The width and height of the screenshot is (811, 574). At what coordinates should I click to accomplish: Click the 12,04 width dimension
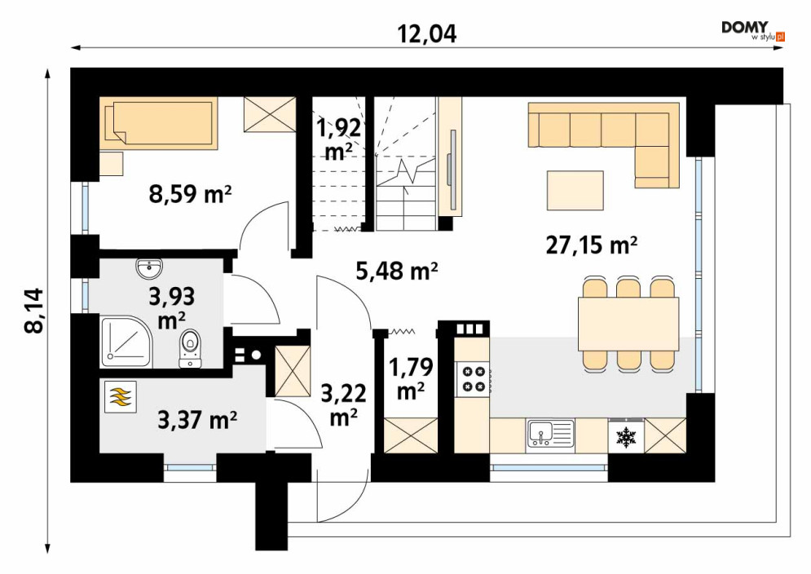click(427, 34)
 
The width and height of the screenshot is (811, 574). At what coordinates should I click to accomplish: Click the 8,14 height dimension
click(35, 311)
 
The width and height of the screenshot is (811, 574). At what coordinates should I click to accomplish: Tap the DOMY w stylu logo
click(753, 31)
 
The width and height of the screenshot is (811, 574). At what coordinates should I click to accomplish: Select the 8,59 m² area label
click(190, 195)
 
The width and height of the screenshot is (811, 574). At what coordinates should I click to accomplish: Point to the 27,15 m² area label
click(591, 245)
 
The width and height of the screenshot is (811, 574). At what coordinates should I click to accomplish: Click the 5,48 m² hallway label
click(397, 270)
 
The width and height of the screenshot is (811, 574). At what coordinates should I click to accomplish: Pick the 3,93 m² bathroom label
click(172, 308)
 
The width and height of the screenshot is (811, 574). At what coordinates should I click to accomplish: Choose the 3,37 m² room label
click(197, 420)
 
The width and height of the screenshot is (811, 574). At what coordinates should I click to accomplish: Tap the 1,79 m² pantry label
click(411, 379)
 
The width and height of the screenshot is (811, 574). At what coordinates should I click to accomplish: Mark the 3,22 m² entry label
click(343, 404)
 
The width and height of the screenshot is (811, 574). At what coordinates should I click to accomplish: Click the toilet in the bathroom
click(190, 348)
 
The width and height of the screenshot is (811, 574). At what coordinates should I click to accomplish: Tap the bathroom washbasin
click(149, 268)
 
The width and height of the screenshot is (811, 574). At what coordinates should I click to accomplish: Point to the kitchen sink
click(551, 433)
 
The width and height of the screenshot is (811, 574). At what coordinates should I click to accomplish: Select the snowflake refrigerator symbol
click(625, 437)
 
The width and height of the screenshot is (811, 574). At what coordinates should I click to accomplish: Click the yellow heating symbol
click(121, 397)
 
